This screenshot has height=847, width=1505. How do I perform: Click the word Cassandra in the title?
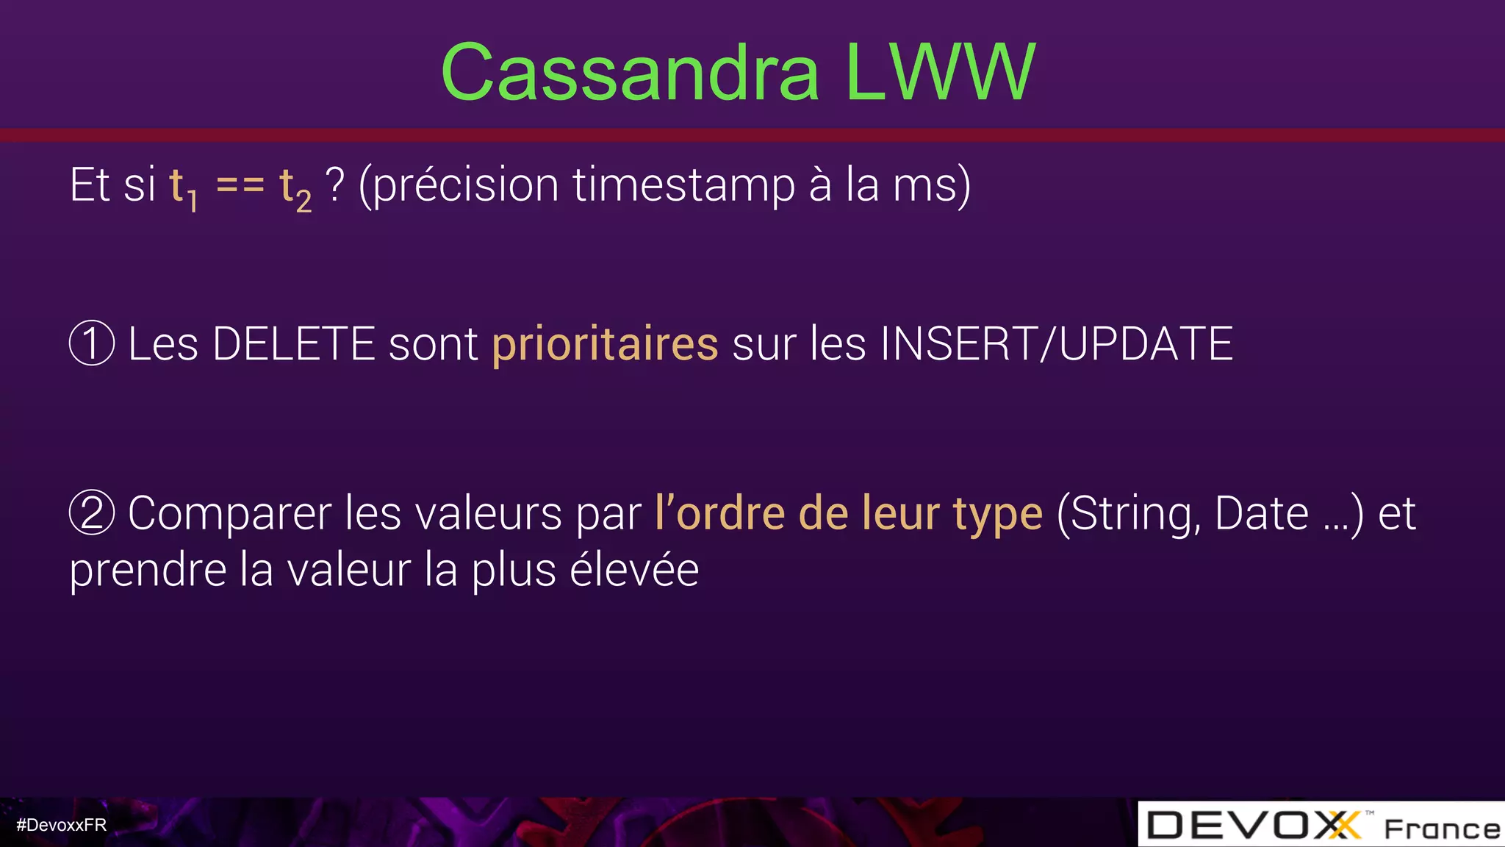[630, 73]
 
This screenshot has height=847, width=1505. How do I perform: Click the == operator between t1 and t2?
[240, 185]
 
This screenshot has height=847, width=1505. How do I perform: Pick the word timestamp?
[683, 185]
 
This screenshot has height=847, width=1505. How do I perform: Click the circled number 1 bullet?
[92, 343]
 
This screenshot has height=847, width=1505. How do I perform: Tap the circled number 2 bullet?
[92, 512]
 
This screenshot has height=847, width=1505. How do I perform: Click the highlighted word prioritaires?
[605, 344]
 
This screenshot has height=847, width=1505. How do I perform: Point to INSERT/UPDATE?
[1056, 344]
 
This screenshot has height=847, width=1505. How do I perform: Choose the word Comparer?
[229, 514]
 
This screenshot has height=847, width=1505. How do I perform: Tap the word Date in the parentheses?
[1261, 514]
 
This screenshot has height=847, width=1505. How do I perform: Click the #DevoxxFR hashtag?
[62, 825]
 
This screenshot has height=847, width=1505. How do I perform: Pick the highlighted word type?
[997, 514]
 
